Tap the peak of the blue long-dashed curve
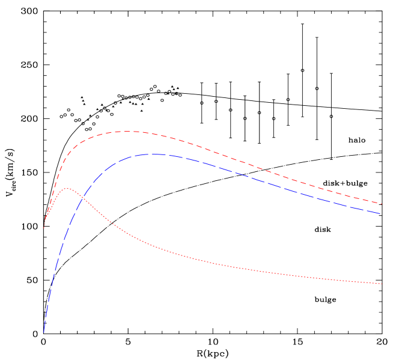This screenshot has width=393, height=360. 155,154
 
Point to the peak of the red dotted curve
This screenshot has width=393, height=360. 68,189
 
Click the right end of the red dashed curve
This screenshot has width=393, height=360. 382,204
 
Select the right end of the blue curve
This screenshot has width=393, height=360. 380,213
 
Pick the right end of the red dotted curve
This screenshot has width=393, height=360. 382,284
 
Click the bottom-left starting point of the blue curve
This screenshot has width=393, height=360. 44,332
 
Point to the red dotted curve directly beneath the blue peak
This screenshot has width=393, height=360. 155,248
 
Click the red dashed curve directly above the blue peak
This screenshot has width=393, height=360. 155,133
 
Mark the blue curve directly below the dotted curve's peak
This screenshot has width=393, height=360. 68,228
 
